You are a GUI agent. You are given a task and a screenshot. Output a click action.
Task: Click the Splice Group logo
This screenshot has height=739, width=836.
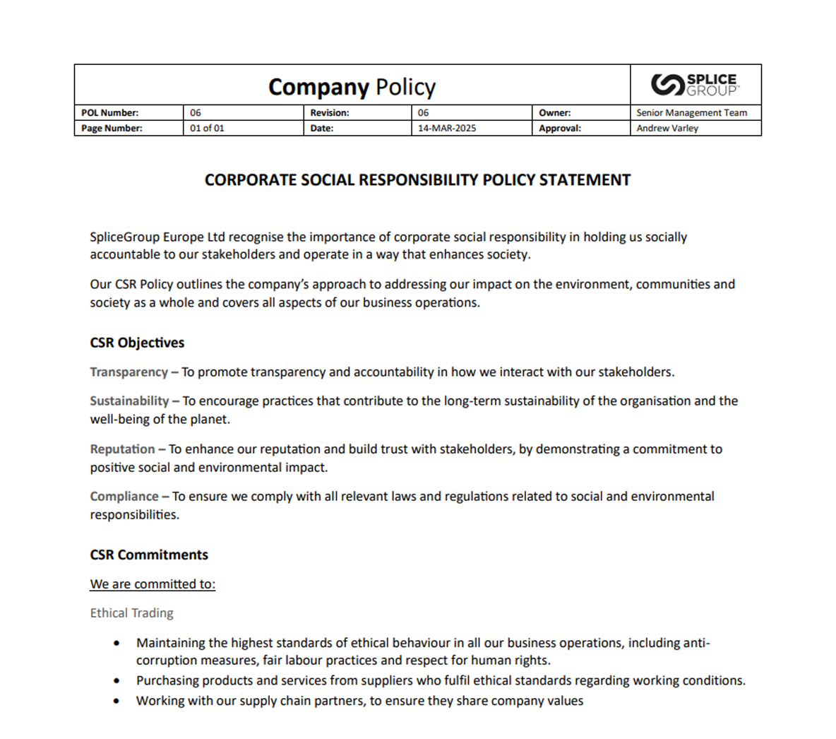(x=695, y=85)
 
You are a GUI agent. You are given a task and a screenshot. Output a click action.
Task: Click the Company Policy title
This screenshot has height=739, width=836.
(x=352, y=87)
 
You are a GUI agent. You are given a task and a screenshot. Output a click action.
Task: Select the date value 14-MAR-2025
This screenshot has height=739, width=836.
(x=447, y=129)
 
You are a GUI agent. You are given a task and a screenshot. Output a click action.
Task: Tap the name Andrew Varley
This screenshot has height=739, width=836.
(x=667, y=129)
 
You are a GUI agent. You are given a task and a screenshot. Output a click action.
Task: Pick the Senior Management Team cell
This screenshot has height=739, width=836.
(x=691, y=113)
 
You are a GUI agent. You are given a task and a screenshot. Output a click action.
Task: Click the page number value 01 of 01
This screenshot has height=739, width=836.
(x=207, y=129)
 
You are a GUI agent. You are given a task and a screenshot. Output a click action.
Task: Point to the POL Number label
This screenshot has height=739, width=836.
(x=109, y=113)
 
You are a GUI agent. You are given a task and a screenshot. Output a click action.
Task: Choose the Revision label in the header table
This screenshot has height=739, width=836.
(x=330, y=113)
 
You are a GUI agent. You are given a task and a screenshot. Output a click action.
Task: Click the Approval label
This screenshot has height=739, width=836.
(x=560, y=129)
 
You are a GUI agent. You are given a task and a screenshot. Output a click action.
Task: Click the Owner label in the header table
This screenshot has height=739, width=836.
(x=555, y=113)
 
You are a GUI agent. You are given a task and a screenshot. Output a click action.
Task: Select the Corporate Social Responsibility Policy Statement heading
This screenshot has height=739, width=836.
(x=417, y=180)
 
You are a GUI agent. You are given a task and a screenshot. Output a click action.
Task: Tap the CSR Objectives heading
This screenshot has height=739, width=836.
(x=137, y=343)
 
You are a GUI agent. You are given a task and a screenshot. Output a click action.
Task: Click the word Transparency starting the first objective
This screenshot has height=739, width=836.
(x=129, y=372)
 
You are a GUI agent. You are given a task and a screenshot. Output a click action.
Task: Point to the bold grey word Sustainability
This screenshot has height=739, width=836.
(x=129, y=401)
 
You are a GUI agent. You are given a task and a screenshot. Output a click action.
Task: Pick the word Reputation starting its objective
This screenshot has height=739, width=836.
(x=122, y=449)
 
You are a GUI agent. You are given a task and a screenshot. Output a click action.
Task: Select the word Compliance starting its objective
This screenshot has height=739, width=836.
(x=124, y=497)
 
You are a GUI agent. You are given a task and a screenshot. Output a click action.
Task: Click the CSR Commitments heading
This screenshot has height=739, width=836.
(x=149, y=555)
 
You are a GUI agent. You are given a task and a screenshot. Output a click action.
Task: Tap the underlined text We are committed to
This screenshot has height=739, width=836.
(x=153, y=584)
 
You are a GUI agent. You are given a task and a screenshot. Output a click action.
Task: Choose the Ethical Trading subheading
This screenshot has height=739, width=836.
(x=131, y=613)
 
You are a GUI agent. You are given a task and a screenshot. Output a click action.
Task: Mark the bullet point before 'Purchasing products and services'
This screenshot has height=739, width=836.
(x=117, y=681)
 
